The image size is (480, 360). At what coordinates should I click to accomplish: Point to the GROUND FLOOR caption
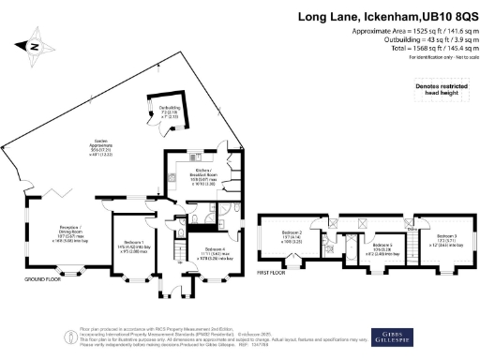point(43,278)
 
